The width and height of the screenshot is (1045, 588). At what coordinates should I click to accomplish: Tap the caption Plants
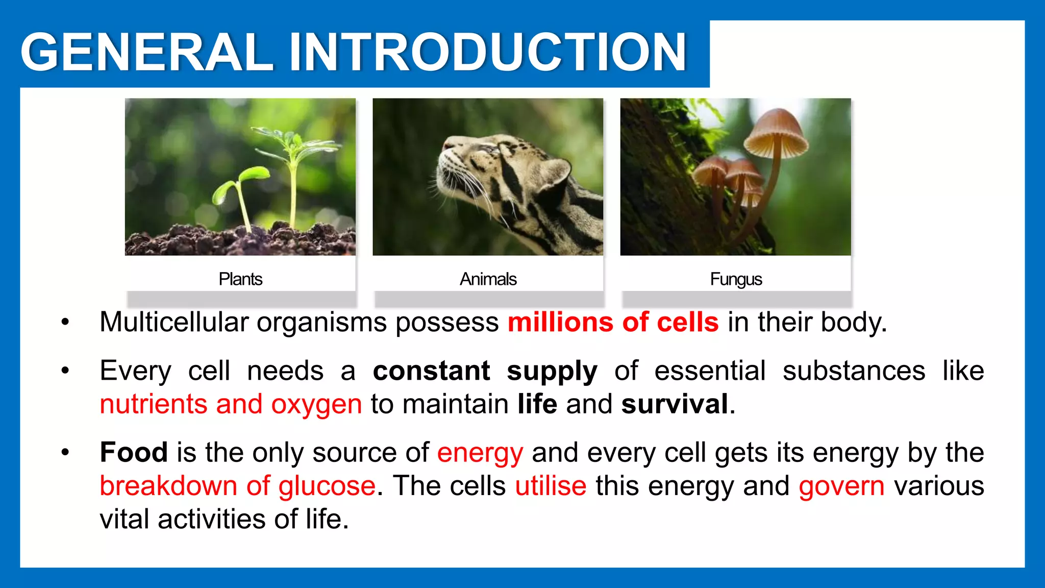point(240,279)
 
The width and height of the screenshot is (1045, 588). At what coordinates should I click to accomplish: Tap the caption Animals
point(488,279)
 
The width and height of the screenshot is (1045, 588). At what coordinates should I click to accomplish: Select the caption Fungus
point(735,279)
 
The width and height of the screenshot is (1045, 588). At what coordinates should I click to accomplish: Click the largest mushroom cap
point(776,133)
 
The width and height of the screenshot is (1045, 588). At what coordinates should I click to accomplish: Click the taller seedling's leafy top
point(293,143)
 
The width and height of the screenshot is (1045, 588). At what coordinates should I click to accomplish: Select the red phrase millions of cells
point(613,323)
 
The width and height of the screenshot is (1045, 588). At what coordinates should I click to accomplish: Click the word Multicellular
point(173,323)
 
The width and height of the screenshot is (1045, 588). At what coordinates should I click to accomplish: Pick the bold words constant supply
point(485,371)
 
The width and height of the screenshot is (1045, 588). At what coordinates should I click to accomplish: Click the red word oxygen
point(316,404)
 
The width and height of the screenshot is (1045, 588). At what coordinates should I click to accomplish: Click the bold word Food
point(134,452)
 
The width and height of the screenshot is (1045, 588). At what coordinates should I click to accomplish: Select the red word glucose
point(327,485)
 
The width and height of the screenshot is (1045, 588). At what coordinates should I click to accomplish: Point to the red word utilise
point(551,485)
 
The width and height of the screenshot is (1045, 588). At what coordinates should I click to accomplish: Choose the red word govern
point(841,485)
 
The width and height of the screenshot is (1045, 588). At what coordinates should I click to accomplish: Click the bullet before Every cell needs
point(65,371)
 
